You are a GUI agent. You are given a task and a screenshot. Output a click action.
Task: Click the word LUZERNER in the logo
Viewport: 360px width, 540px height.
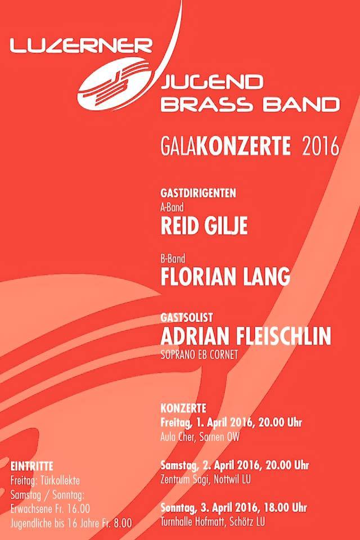pos(82,46)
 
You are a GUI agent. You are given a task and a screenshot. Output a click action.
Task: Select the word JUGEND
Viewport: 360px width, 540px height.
pos(212,82)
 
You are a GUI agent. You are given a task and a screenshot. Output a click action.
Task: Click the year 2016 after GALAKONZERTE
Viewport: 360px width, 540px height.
pos(321,146)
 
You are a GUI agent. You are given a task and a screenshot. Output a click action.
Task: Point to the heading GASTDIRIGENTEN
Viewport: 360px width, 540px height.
pos(199,193)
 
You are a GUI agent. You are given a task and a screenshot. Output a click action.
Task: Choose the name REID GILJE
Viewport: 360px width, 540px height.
pos(204,226)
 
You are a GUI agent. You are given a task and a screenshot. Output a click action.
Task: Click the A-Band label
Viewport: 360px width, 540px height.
pos(172,208)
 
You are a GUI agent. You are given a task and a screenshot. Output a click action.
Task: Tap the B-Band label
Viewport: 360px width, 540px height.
pos(173,258)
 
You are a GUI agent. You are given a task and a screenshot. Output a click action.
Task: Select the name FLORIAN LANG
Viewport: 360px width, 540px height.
pos(226,277)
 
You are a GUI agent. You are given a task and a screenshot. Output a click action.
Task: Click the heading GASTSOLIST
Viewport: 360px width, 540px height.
pos(186,317)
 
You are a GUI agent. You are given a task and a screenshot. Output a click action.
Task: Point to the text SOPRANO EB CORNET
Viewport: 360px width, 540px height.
pos(199,355)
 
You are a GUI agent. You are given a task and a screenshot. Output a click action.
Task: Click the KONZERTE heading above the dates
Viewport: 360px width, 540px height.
pos(183,408)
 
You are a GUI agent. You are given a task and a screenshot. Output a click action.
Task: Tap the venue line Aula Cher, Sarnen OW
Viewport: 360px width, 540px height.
pos(200,437)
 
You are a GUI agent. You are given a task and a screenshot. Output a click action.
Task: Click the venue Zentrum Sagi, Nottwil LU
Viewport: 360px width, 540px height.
pos(206,479)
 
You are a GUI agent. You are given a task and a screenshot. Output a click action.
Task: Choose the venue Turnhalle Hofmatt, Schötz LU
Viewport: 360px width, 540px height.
pos(213,521)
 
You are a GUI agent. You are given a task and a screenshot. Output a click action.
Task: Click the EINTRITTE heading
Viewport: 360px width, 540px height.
pos(31,466)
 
